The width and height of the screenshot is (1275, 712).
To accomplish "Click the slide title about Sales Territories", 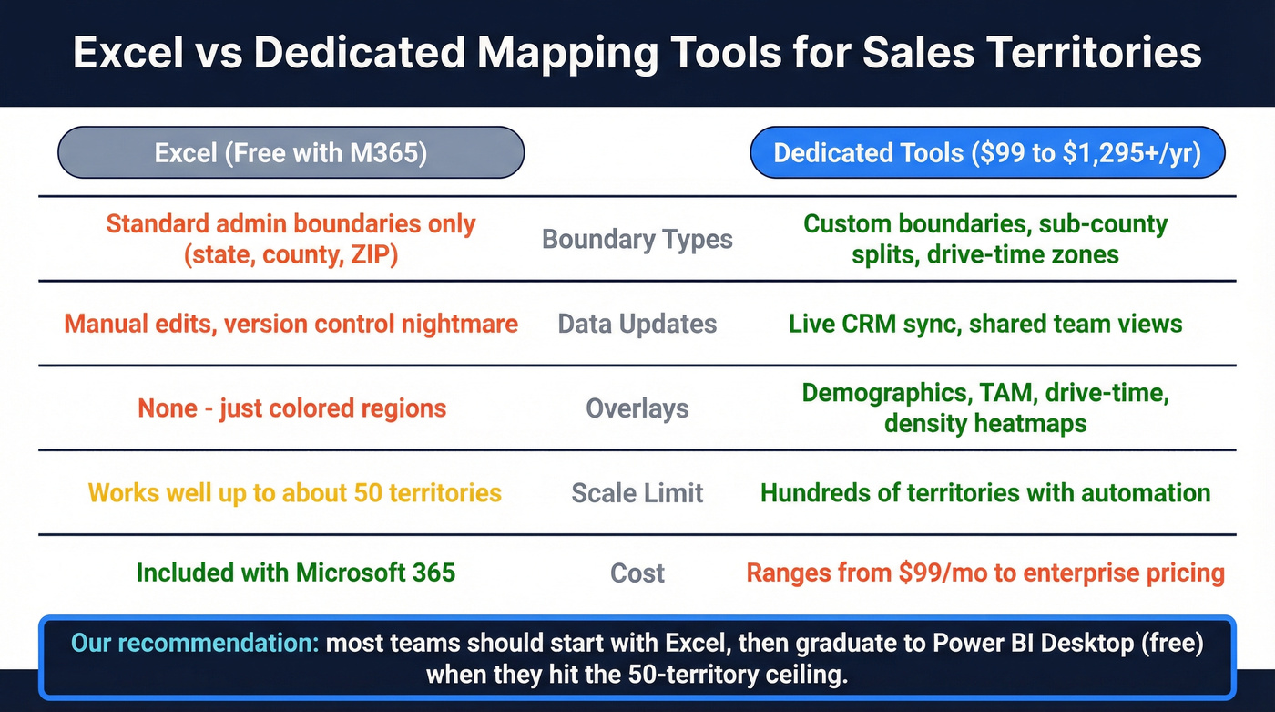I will (637, 53).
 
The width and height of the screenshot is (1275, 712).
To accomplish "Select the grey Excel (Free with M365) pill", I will (291, 152).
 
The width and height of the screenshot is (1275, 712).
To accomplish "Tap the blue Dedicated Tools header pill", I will (986, 152).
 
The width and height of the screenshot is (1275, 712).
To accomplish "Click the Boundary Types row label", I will (637, 239).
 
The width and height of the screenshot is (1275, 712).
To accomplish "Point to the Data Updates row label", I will (637, 324).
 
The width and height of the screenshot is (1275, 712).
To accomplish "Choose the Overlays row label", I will (637, 408).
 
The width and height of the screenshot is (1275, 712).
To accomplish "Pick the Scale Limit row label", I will (637, 493).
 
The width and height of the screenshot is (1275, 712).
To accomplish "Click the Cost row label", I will (637, 573).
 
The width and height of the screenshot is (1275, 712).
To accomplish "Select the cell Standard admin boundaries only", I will (291, 239).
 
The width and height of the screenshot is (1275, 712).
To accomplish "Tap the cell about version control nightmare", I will (291, 324).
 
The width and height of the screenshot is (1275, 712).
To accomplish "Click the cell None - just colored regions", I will (291, 408).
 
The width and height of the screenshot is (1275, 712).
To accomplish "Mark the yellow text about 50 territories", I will (294, 493).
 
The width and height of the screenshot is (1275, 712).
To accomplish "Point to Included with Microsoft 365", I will (295, 573).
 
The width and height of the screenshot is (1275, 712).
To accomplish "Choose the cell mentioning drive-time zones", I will (985, 239).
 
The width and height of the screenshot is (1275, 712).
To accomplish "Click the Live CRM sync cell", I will (985, 324).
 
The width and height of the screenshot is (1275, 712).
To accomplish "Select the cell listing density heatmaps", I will (985, 408).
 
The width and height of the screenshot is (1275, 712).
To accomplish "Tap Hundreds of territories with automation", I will (985, 493).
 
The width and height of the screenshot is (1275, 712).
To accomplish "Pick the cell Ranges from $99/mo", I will (985, 573).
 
